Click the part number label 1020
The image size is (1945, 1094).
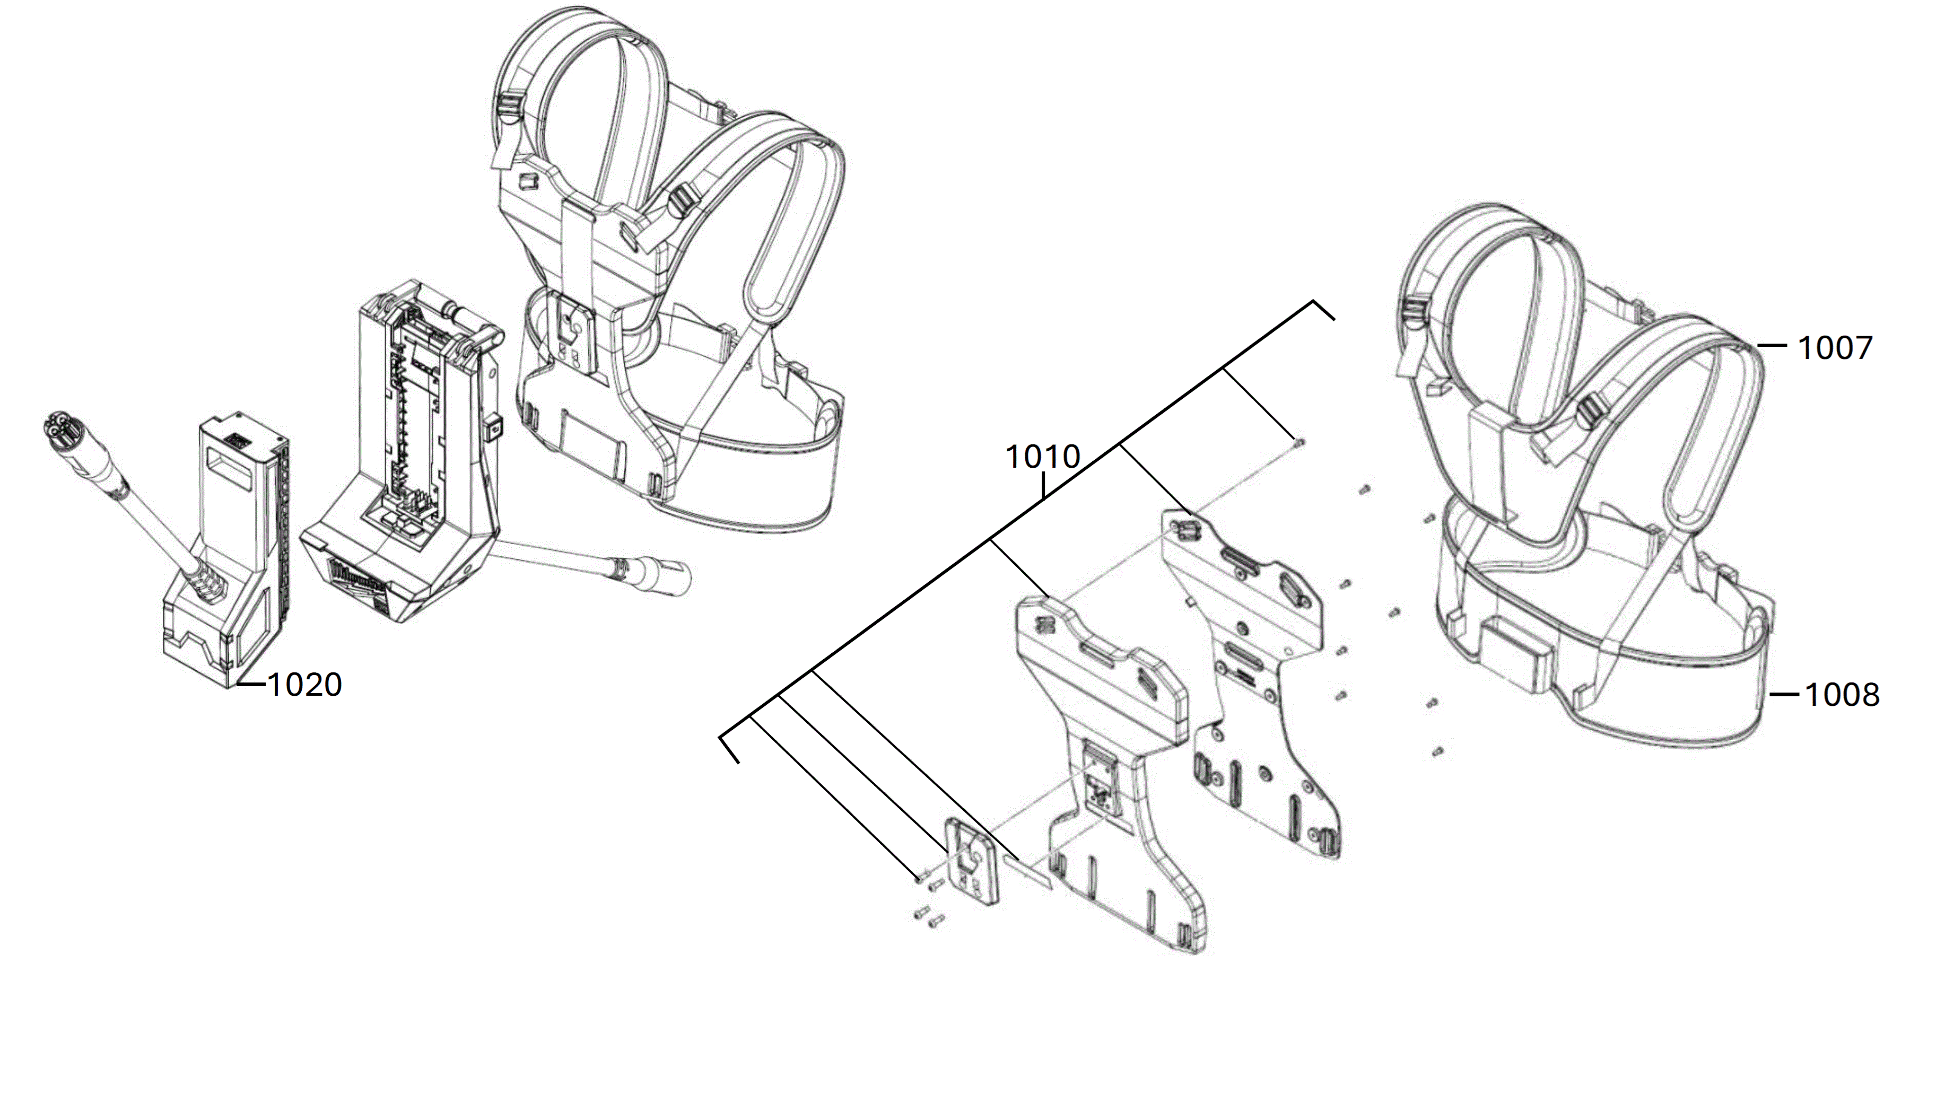click(305, 684)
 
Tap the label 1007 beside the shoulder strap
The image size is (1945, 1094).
click(1834, 348)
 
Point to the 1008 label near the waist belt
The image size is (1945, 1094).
click(1842, 695)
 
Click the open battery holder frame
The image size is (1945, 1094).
click(408, 453)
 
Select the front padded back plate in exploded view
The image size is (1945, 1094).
click(1110, 755)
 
